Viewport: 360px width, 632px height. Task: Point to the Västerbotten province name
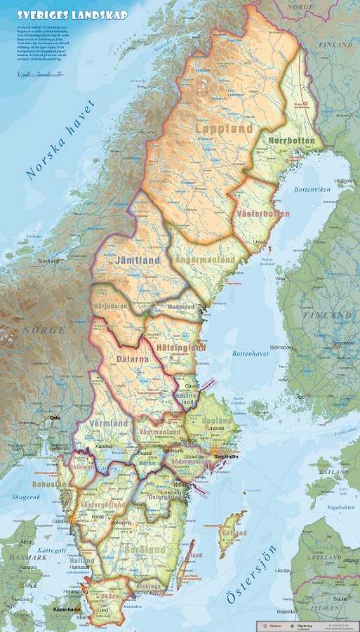(263, 213)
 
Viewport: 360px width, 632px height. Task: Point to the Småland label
(144, 549)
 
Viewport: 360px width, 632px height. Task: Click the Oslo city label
(55, 418)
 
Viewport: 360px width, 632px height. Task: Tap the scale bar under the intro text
(39, 72)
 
